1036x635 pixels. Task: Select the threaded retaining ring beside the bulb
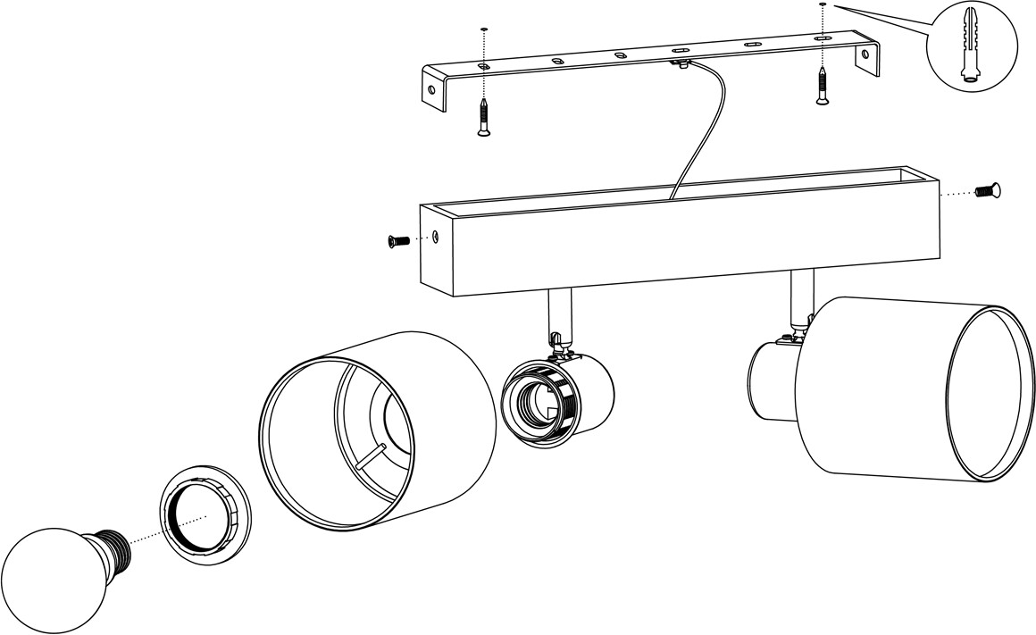point(205,514)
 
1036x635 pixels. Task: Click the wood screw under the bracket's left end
point(483,118)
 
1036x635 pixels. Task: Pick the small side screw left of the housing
point(397,239)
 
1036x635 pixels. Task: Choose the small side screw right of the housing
point(987,189)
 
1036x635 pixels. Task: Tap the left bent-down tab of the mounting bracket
point(435,89)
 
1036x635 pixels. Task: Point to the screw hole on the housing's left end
point(435,237)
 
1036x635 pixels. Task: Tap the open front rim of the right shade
point(982,393)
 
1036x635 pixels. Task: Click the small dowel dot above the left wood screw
point(483,29)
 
